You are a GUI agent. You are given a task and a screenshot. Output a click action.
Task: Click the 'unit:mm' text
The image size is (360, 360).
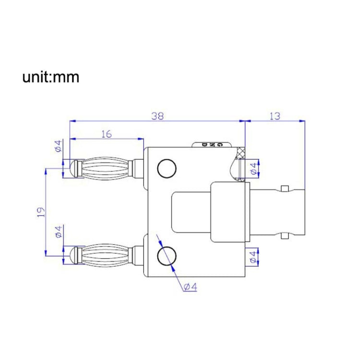(x=50, y=77)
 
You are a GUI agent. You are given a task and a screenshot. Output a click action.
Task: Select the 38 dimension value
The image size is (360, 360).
(x=157, y=116)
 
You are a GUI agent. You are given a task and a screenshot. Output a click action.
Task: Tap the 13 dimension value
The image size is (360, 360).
(x=275, y=116)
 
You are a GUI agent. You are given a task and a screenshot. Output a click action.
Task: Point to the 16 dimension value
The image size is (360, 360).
(x=106, y=134)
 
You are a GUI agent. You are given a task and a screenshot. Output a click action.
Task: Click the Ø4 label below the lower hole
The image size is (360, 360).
(x=190, y=287)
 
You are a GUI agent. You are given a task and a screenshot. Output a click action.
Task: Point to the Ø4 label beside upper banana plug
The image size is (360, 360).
(x=58, y=146)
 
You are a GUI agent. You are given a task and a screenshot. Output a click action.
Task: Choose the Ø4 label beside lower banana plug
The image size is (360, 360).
(x=58, y=232)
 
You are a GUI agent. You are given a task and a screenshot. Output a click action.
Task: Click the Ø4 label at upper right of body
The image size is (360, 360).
(x=253, y=168)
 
